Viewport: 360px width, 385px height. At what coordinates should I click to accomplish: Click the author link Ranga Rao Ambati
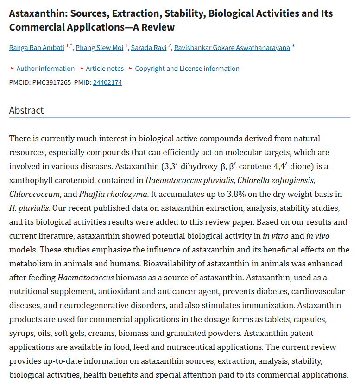coord(37,47)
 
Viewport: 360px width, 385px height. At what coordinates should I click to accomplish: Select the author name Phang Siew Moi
coord(99,47)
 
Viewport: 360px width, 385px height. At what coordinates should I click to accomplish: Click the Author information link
coord(45,69)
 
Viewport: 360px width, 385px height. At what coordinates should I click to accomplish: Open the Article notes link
coord(105,69)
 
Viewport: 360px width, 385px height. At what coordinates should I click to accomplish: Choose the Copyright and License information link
coord(187,69)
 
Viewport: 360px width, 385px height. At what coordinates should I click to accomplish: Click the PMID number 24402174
coord(107,82)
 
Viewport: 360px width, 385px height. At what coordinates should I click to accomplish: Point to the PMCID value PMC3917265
coord(51,82)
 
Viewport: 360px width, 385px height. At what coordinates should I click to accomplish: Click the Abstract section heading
coord(26,110)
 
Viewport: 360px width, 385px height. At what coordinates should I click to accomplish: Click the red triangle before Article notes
coord(82,69)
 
